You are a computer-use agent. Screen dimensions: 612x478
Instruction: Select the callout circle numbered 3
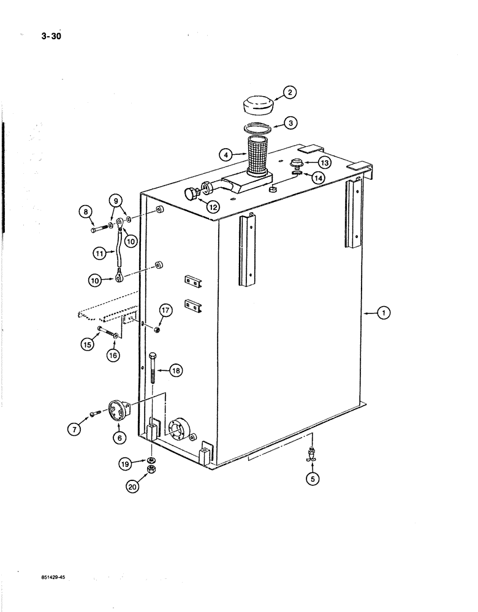pyautogui.click(x=292, y=122)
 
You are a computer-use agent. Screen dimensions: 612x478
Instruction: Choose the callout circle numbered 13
pyautogui.click(x=324, y=162)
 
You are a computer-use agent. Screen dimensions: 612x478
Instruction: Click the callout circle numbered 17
pyautogui.click(x=165, y=311)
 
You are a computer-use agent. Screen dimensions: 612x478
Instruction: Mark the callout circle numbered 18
pyautogui.click(x=176, y=370)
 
